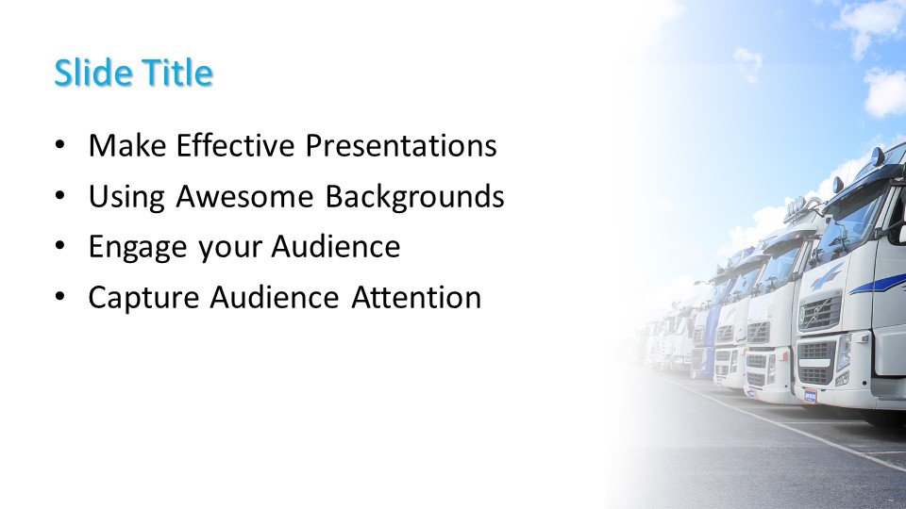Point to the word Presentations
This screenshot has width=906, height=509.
pyautogui.click(x=400, y=146)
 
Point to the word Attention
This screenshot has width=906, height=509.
pyautogui.click(x=416, y=298)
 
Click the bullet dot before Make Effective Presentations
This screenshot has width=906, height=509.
pyautogui.click(x=61, y=147)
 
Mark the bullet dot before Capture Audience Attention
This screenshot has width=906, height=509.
pyautogui.click(x=61, y=298)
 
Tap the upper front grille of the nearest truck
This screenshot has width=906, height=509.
pyautogui.click(x=819, y=311)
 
